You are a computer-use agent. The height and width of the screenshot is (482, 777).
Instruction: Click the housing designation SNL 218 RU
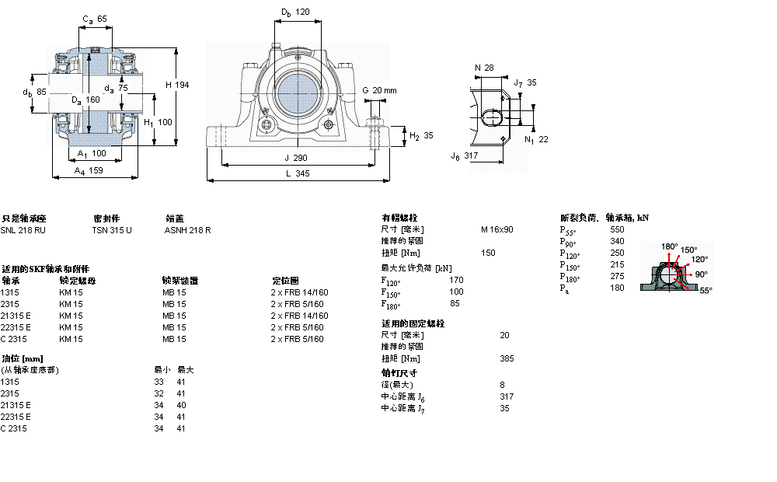pos(23,230)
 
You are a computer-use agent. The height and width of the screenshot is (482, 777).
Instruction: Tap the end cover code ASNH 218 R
pos(188,230)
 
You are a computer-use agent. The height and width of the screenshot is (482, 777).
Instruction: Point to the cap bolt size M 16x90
pos(497,229)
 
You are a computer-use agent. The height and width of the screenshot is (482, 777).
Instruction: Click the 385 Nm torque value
pos(507,358)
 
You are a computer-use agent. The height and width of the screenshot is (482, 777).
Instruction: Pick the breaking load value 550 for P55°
pos(617,229)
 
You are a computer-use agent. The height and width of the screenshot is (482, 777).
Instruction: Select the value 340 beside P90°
pos(617,241)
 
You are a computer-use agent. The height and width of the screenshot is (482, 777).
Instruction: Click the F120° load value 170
pos(456,279)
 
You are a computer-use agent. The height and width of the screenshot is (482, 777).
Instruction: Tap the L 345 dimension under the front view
pos(297,174)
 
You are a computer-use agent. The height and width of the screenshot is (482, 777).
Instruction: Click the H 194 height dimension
pos(178,84)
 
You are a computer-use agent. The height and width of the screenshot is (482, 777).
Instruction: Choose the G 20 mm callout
pos(380,90)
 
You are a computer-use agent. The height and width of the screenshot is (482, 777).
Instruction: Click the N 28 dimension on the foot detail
pos(484,68)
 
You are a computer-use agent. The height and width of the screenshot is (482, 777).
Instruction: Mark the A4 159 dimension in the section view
pos(89,170)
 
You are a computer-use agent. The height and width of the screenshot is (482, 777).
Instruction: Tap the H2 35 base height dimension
pos(421,135)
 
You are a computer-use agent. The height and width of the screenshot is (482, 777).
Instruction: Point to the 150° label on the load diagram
pos(688,250)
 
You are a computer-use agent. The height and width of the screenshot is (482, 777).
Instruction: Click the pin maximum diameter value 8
pos(502,384)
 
